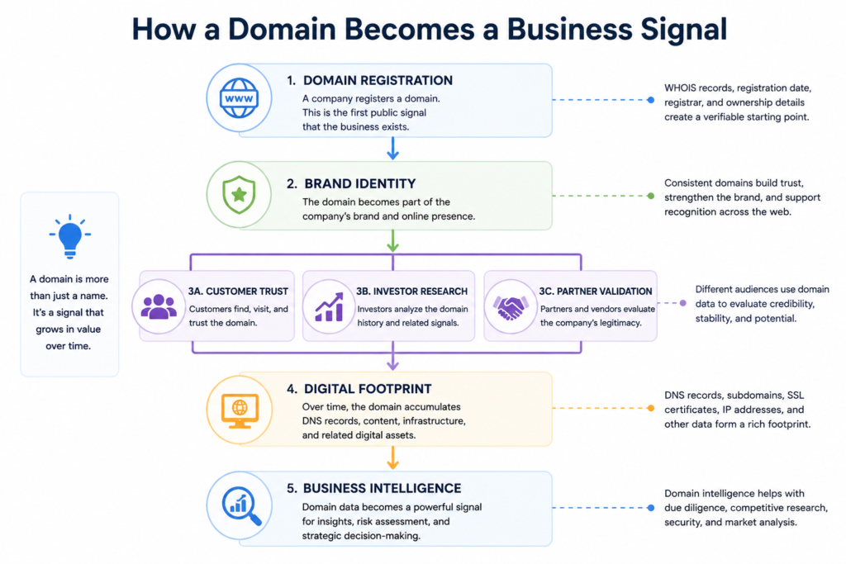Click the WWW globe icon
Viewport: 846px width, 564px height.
pos(239,98)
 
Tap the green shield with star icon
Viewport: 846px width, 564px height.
pos(239,195)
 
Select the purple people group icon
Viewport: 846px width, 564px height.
pos(159,306)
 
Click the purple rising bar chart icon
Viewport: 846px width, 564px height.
pos(329,307)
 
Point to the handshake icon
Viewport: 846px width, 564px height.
pos(510,307)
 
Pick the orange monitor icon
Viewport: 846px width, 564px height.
pos(240,410)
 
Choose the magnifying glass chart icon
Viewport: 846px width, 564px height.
pos(241,505)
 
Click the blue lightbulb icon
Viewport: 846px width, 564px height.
pos(69,237)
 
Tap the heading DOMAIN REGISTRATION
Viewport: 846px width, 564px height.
pos(378,80)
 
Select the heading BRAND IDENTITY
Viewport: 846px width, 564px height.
pos(360,183)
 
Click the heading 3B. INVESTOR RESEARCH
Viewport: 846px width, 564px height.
pos(411,291)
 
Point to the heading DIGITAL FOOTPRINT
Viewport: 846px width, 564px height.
pos(368,389)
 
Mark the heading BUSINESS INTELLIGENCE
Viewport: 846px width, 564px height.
pos(382,488)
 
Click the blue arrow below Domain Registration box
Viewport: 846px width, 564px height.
pos(392,149)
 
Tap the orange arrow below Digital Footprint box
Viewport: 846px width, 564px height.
pos(392,457)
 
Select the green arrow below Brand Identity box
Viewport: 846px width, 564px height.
pos(392,241)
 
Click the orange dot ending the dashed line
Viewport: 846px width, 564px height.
pos(651,408)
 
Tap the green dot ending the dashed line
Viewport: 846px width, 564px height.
pos(651,196)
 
